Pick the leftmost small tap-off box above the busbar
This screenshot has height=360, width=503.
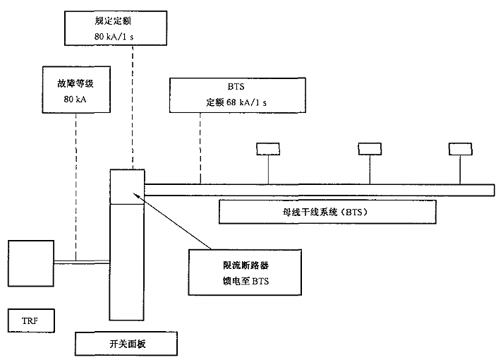click(x=267, y=149)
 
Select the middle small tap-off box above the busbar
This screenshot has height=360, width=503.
click(x=369, y=149)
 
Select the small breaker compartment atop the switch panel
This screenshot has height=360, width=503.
click(x=128, y=186)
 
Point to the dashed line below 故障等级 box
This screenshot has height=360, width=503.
click(x=75, y=184)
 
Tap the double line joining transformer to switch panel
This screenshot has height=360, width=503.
click(x=82, y=261)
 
